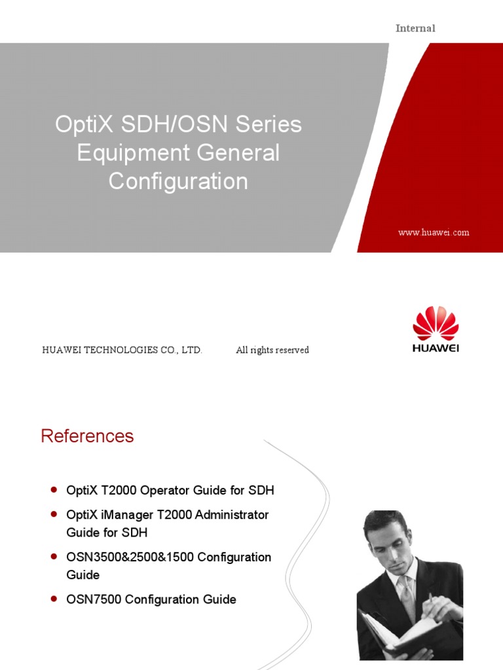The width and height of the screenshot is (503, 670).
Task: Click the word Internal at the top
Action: tap(415, 28)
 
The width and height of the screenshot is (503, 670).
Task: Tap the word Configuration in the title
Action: tap(178, 181)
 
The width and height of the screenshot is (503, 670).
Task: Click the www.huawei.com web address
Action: tap(434, 232)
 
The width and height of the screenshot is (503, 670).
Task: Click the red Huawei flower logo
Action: tap(436, 323)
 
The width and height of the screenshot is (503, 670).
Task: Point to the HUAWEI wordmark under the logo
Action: tap(436, 348)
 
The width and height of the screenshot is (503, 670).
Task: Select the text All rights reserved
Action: tap(272, 350)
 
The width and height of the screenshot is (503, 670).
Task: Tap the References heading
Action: tap(87, 436)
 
